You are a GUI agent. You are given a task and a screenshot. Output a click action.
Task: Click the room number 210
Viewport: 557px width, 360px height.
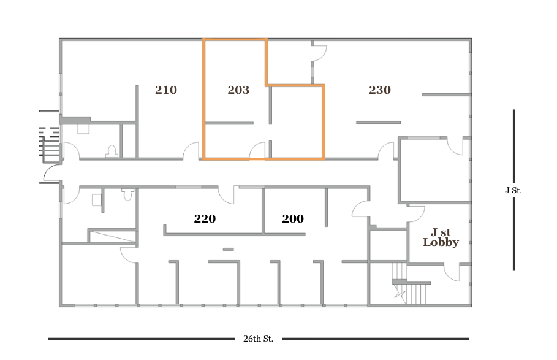[166, 90]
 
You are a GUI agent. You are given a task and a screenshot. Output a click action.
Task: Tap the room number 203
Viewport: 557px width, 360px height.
[238, 90]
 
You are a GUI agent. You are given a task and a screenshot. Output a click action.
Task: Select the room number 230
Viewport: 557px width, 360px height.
[380, 90]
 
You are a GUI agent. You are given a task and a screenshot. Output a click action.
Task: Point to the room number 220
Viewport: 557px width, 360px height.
[205, 218]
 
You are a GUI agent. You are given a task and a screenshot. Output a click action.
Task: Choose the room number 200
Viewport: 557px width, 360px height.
[293, 218]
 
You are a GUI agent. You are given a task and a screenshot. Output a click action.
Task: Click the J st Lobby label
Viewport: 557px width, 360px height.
[441, 237]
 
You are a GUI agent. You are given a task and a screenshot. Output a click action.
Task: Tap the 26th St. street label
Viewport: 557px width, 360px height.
[258, 339]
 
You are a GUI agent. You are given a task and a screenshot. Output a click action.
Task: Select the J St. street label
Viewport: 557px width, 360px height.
[513, 190]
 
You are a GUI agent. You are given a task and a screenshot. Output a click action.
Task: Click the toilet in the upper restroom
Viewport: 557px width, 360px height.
[112, 151]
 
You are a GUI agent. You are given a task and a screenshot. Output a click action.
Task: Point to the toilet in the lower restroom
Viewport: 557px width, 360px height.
[127, 194]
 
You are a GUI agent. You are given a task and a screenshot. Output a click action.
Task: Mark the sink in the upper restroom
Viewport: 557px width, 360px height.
[83, 129]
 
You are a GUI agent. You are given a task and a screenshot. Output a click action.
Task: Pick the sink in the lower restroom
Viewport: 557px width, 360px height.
[97, 199]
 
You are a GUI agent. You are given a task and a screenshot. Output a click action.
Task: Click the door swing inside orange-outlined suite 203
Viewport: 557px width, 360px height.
[258, 150]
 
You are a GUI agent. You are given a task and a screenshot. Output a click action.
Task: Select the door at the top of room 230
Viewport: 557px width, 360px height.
[319, 54]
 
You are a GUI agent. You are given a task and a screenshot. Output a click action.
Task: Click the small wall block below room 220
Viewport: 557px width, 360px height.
[228, 249]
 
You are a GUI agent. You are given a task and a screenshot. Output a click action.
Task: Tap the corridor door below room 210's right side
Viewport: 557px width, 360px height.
[191, 150]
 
